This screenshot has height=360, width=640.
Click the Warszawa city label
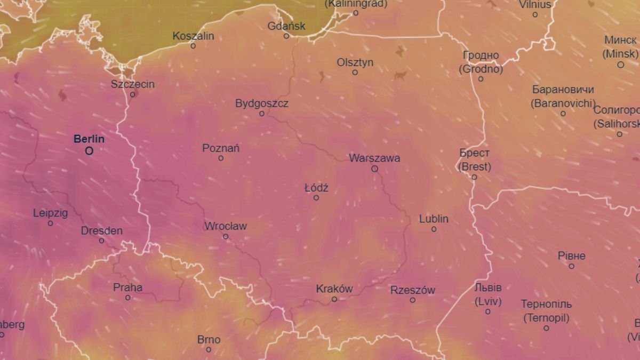pyautogui.click(x=374, y=158)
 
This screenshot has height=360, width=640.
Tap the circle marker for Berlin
pyautogui.click(x=89, y=151)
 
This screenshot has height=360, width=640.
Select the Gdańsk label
pyautogui.click(x=287, y=26)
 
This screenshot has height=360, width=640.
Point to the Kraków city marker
pyautogui.click(x=334, y=299)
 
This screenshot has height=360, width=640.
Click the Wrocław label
pyautogui.click(x=226, y=226)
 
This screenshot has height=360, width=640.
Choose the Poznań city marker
pyautogui.click(x=221, y=158)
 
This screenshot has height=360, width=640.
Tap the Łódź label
pyautogui.click(x=316, y=188)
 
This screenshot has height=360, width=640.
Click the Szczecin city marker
pyautogui.click(x=133, y=94)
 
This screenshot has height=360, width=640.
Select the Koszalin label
pyautogui.click(x=193, y=36)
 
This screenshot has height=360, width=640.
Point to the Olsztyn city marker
pyautogui.click(x=355, y=72)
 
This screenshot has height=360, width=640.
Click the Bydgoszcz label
pyautogui.click(x=262, y=103)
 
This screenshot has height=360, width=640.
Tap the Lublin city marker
pyautogui.click(x=434, y=229)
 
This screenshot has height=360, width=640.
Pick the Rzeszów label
pyautogui.click(x=413, y=290)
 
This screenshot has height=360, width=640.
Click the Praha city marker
pyautogui.click(x=128, y=298)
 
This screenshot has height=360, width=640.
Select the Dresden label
pyautogui.click(x=101, y=231)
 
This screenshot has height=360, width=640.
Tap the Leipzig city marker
pyautogui.click(x=51, y=223)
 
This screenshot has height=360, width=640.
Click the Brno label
pyautogui.click(x=209, y=339)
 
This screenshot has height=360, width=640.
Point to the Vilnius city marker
pyautogui.click(x=535, y=14)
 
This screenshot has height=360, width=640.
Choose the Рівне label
pyautogui.click(x=571, y=255)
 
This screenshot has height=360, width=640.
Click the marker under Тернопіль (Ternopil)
pyautogui.click(x=546, y=328)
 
